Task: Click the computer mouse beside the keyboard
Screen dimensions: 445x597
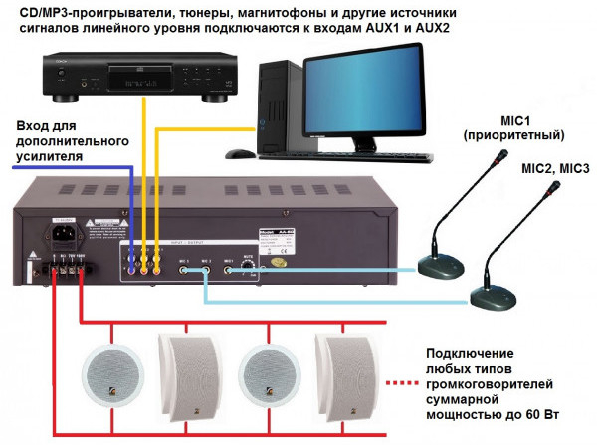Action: coord(240,154)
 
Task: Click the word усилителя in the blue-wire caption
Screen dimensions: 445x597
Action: coord(50,157)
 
